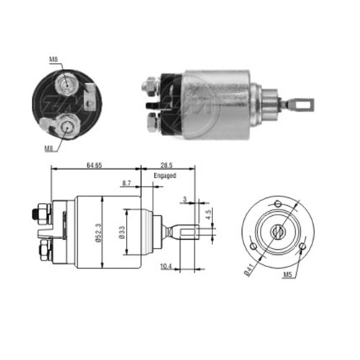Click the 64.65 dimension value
(x=94, y=165)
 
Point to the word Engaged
(x=165, y=175)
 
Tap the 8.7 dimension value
(x=127, y=185)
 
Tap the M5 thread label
(x=288, y=274)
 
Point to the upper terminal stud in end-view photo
(x=66, y=83)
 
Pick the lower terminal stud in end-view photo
(x=66, y=127)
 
